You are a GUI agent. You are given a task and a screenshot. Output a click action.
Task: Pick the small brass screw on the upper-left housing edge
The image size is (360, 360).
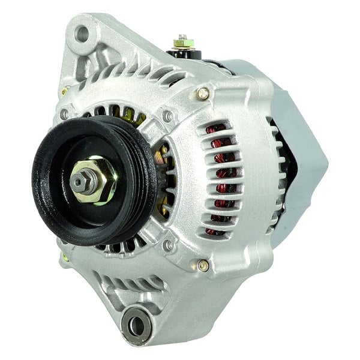63,91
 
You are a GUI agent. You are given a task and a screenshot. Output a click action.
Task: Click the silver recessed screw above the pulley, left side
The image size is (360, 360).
64,114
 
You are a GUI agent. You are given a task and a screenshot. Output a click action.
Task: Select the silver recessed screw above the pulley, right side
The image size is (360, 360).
169,115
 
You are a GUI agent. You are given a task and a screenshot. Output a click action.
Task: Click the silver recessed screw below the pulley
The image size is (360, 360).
169,245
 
